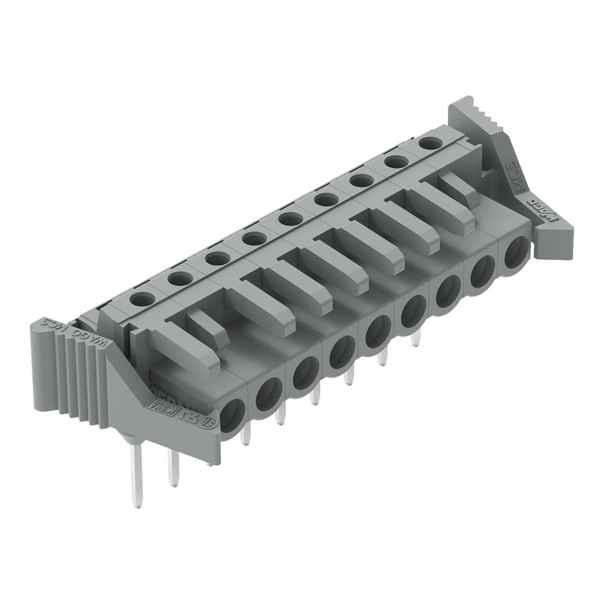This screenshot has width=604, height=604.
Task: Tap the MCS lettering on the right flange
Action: coord(511,173)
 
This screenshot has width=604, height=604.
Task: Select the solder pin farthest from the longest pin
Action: coord(415,338)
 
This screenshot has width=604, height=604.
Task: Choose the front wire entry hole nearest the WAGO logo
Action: coord(515,254)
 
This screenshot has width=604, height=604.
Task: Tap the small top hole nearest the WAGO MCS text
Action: coord(142,299)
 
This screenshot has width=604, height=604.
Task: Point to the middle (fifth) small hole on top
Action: coord(289,219)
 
